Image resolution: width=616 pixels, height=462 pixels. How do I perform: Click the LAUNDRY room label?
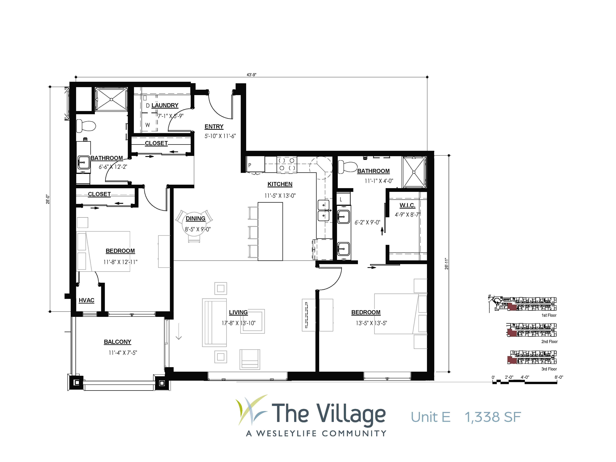165,105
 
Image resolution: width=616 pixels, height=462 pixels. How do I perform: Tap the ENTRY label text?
214,127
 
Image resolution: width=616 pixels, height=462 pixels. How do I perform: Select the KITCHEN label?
280,184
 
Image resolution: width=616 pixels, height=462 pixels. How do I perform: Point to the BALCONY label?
118,342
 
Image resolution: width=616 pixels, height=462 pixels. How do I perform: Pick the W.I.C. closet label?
407,205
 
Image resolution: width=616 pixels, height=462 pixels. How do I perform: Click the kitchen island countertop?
270,231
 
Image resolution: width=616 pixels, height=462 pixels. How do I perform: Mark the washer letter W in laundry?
148,125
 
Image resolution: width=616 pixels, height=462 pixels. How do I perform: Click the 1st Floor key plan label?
549,315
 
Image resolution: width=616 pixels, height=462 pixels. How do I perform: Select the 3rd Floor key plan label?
549,369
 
